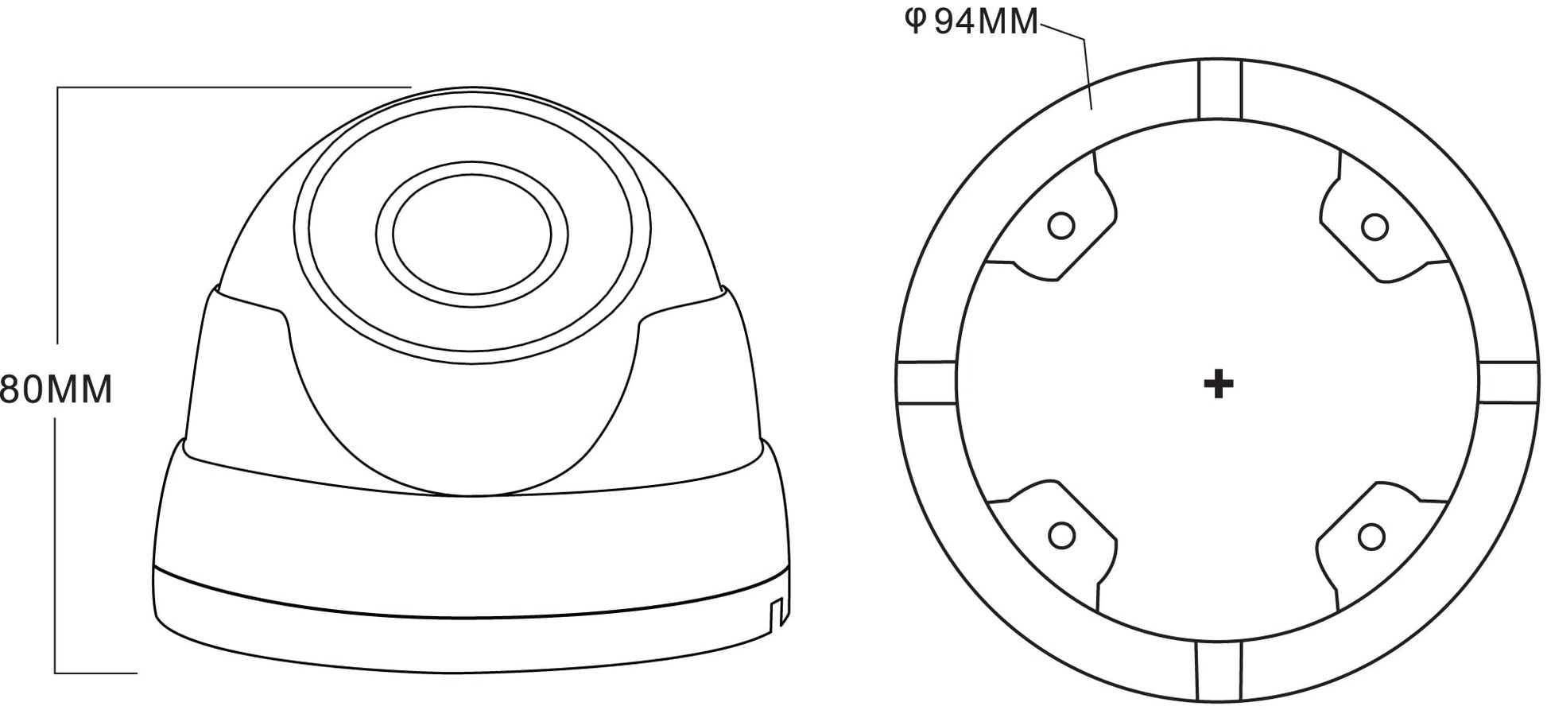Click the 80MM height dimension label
(56, 389)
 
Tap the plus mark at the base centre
(1219, 385)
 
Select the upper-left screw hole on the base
(1061, 226)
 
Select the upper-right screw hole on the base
(1374, 227)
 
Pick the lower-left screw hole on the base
(1061, 535)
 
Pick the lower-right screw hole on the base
(1371, 537)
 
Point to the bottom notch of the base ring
(1219, 673)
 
